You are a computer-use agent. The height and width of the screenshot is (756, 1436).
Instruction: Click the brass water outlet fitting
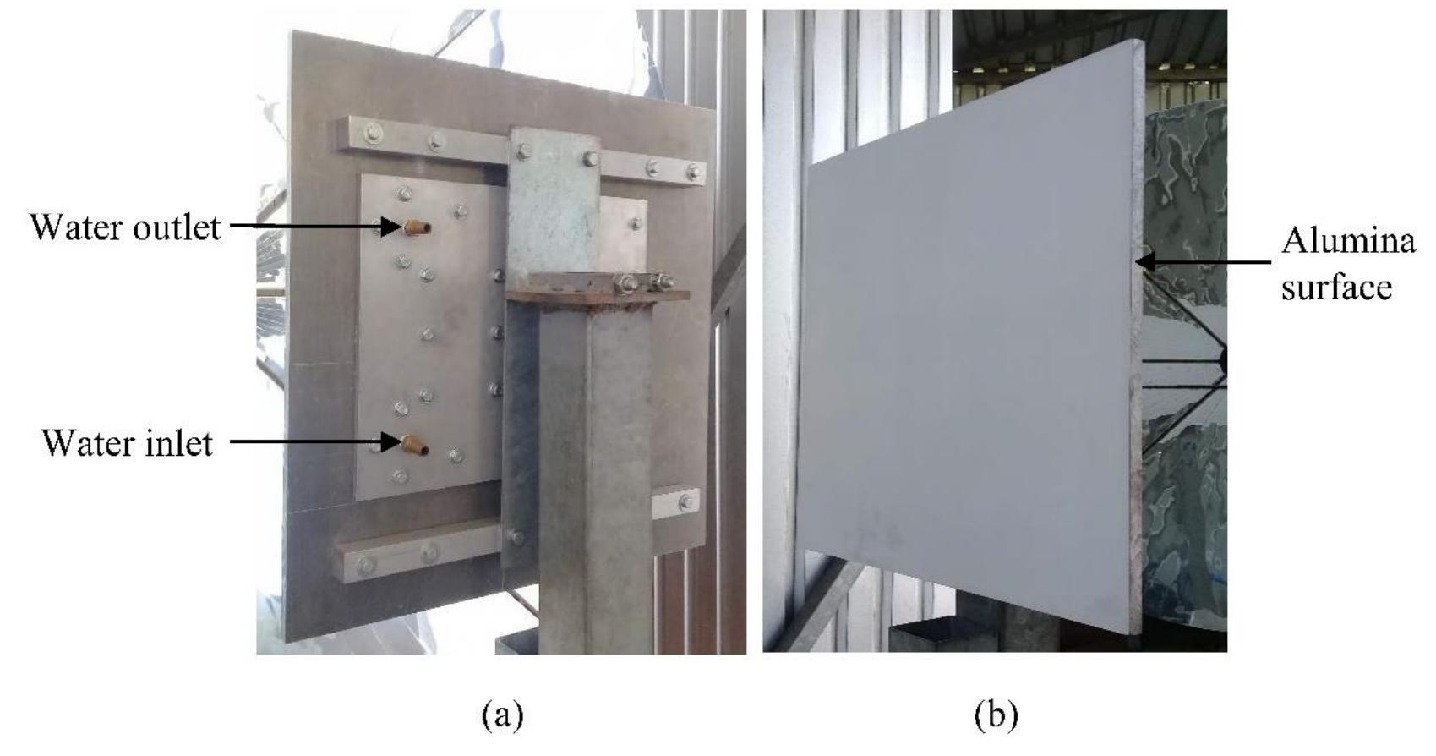point(417,227)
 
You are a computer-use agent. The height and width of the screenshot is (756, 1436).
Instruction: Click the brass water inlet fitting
point(415,444)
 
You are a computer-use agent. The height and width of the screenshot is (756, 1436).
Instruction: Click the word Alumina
point(1348,242)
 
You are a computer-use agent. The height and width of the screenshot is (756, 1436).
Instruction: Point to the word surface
point(1336,287)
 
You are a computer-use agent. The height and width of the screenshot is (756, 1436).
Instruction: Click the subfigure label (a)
point(503,715)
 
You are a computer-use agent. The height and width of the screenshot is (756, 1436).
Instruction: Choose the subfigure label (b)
point(996,715)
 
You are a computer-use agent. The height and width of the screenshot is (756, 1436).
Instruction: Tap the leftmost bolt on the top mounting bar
point(372,134)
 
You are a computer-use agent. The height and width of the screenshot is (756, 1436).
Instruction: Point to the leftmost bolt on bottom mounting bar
point(365,566)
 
